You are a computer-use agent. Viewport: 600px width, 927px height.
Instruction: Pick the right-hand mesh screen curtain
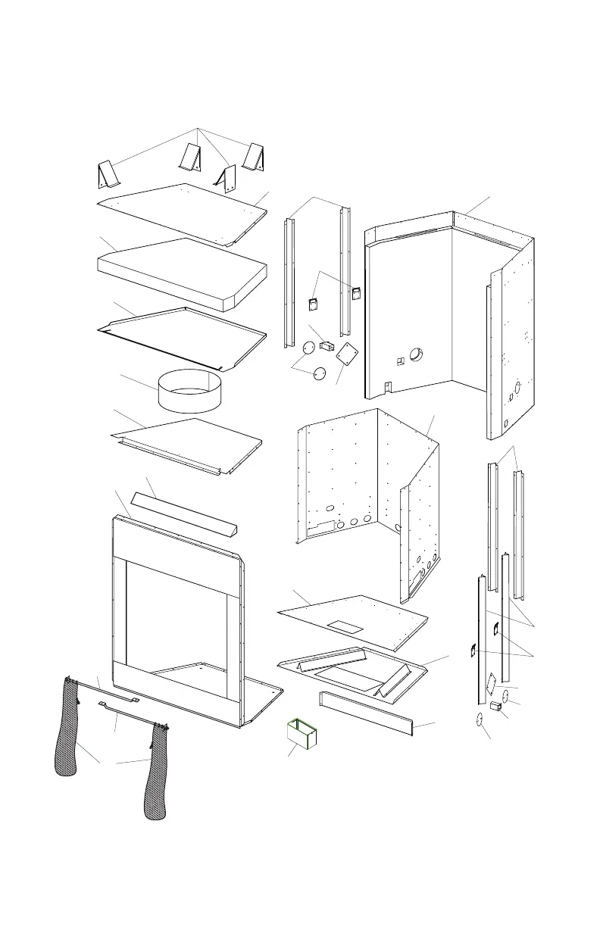(x=158, y=772)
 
